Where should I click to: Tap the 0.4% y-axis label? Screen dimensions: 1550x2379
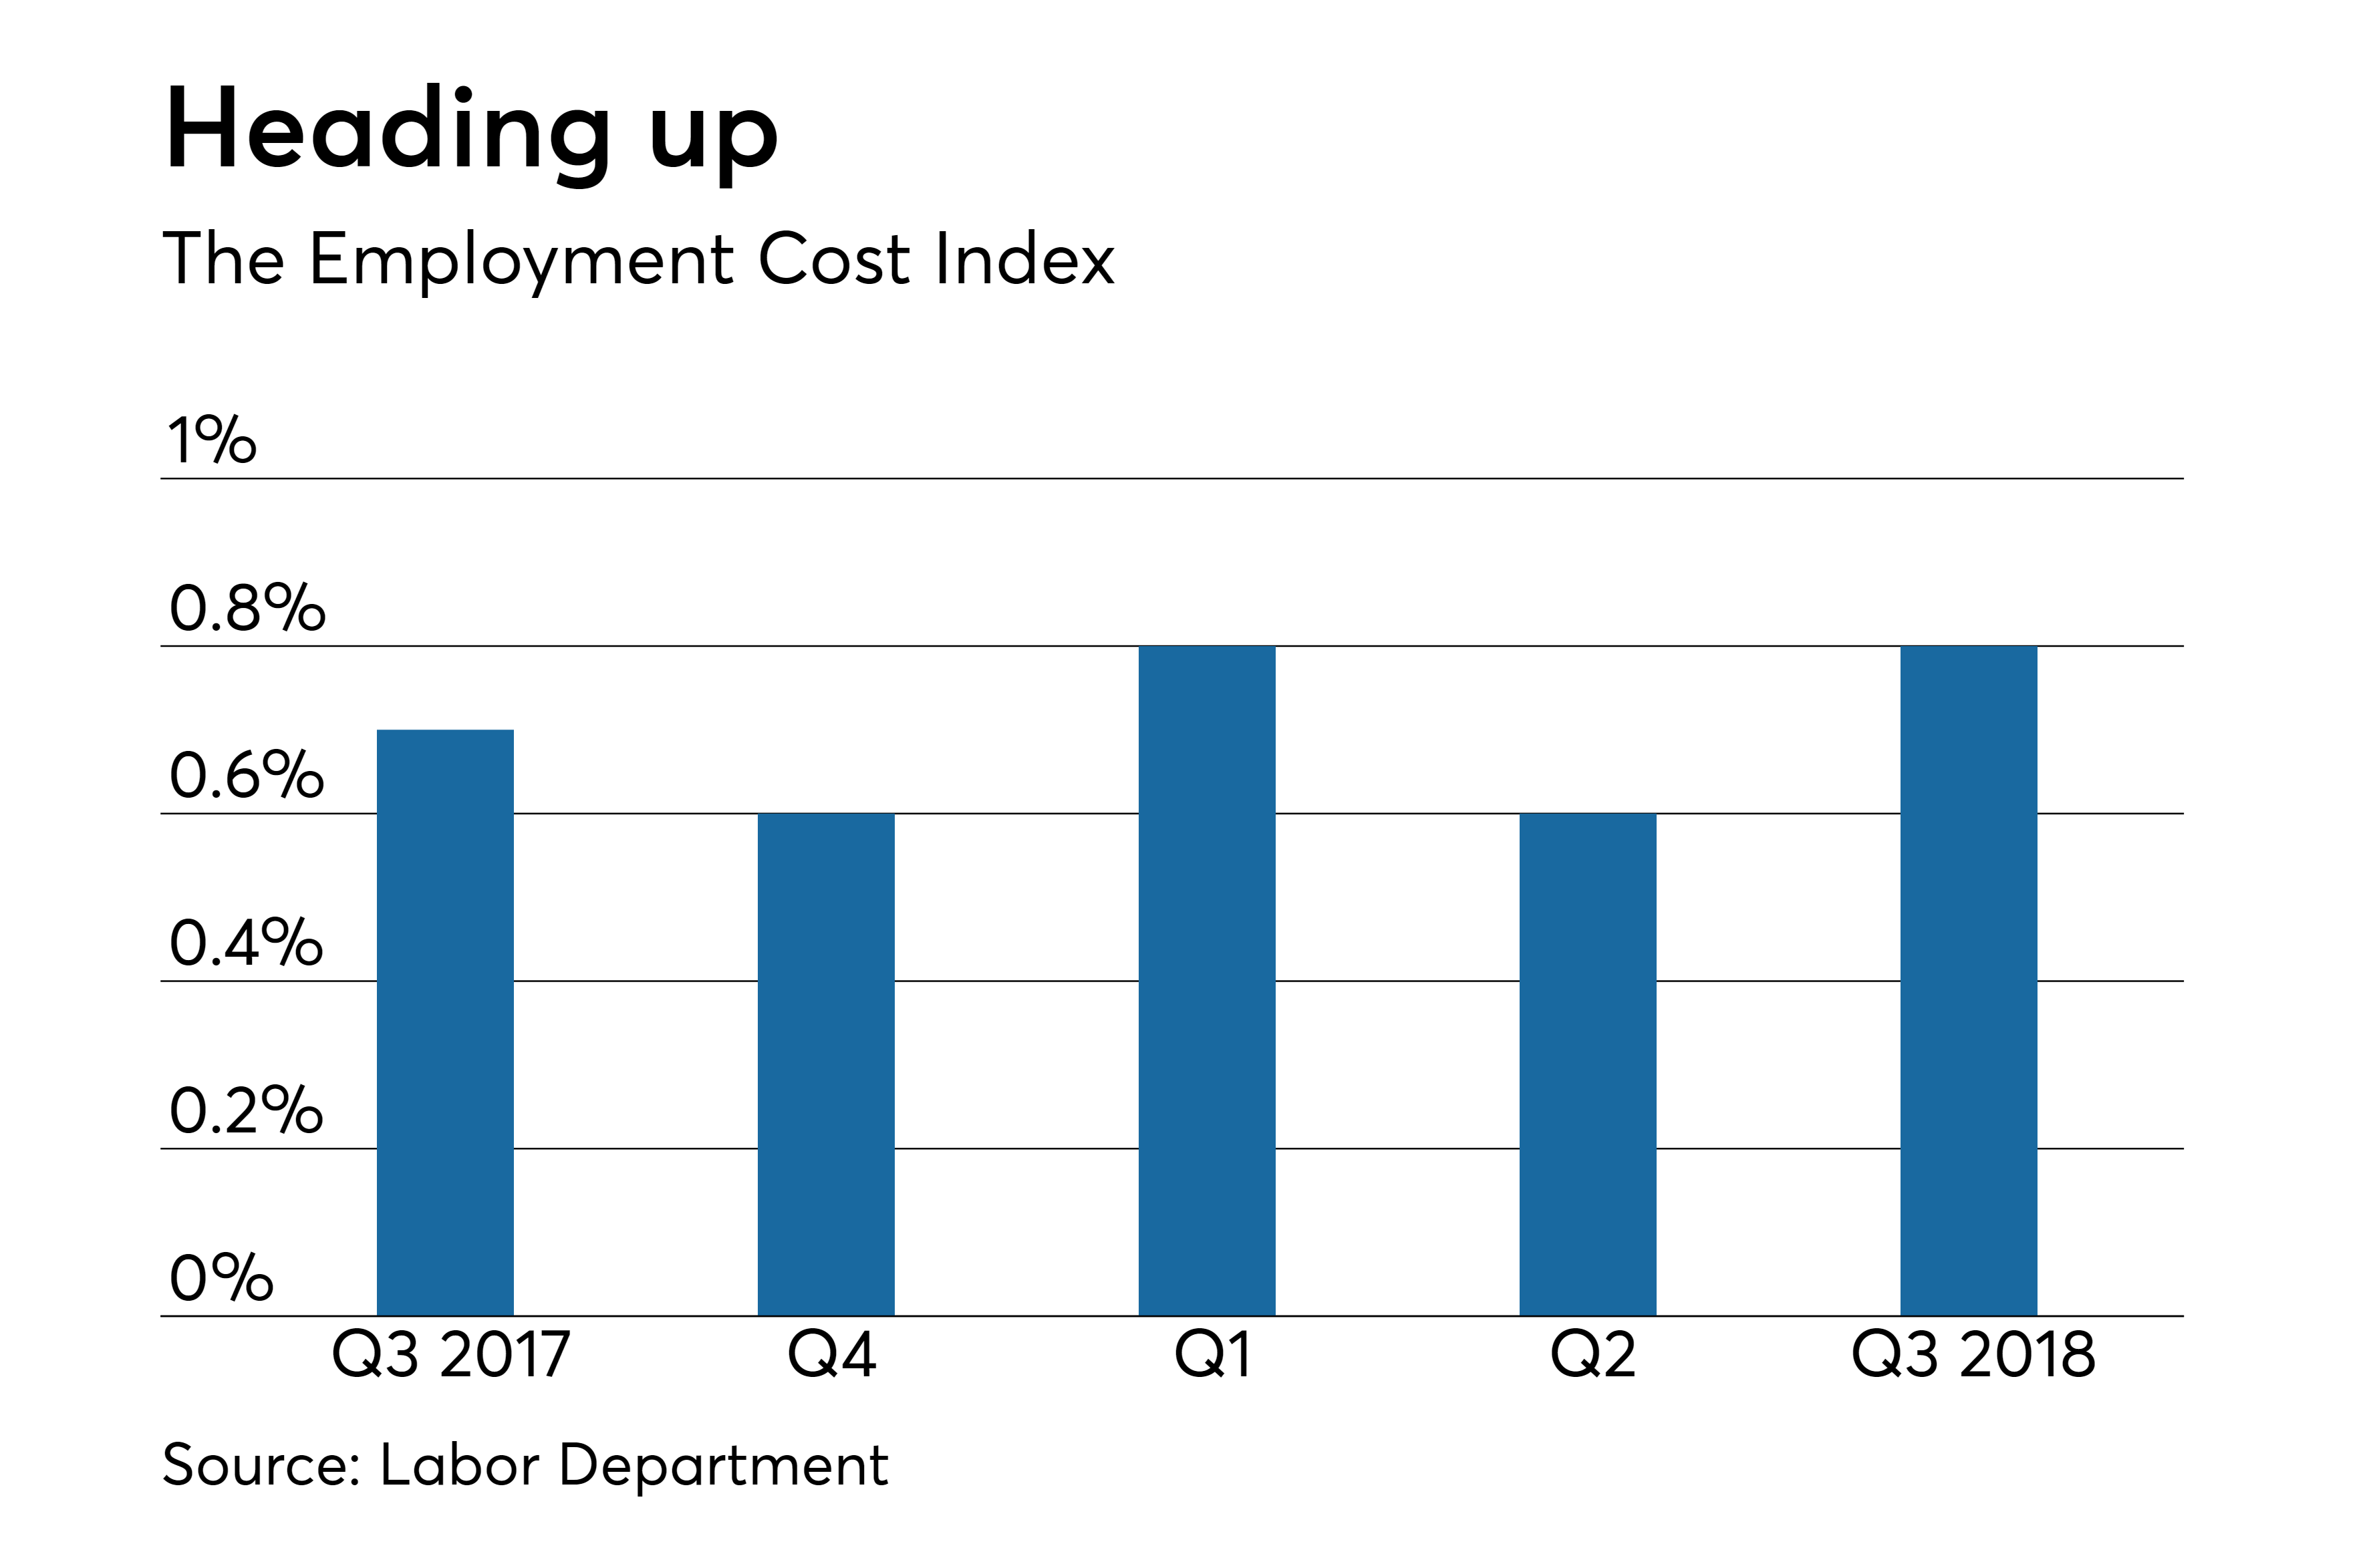[247, 943]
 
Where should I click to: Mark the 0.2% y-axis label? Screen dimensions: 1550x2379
[247, 1110]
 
